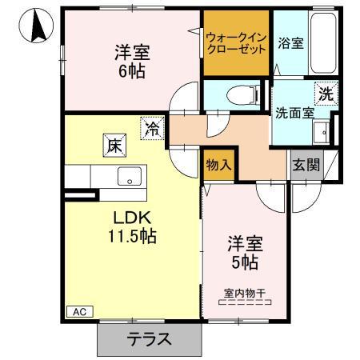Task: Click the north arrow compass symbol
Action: tap(34, 26)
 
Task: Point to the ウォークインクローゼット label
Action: tap(235, 42)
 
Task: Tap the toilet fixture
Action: tap(239, 94)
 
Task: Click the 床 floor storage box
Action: tap(114, 146)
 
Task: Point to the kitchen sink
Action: tap(127, 177)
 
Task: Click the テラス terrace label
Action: tap(150, 339)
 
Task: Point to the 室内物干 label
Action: tap(245, 294)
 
